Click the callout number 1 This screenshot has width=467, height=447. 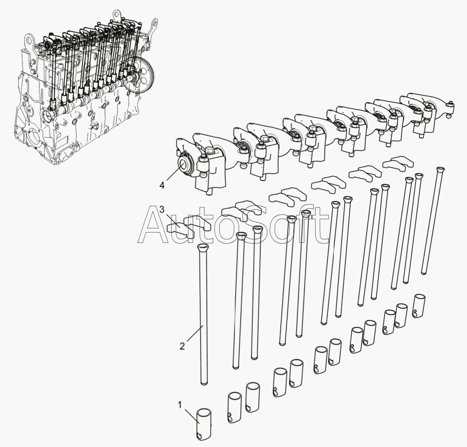(179, 405)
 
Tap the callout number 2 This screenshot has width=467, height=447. (182, 346)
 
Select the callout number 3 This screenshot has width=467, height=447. (162, 209)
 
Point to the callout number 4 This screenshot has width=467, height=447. (162, 185)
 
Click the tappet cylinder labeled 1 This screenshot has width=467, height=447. (204, 424)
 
